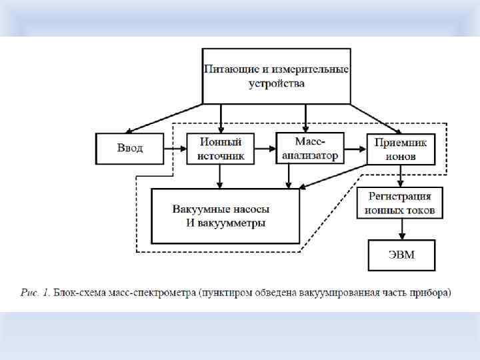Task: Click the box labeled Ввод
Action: point(129,149)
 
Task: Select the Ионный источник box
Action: point(220,149)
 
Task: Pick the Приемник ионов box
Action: point(401,149)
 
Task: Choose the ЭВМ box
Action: point(401,255)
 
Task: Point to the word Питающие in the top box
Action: point(228,69)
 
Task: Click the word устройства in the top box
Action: point(276,84)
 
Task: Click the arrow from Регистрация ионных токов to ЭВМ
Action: point(401,229)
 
